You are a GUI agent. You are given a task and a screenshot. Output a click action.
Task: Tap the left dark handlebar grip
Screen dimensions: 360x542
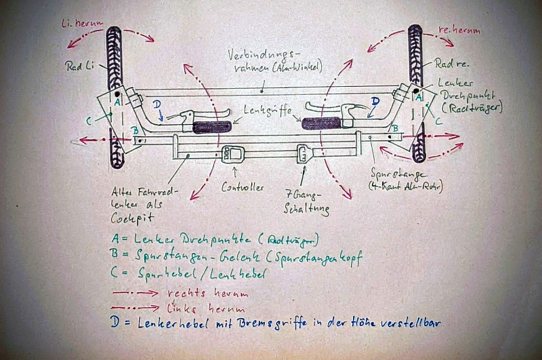211,126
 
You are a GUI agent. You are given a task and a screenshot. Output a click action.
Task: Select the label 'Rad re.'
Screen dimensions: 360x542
452,64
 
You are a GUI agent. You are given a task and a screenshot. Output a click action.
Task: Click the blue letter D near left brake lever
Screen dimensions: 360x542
157,104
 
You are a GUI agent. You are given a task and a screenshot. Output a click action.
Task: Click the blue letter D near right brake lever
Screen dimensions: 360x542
375,101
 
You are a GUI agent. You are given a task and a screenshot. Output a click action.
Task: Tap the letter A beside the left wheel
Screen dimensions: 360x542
117,102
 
